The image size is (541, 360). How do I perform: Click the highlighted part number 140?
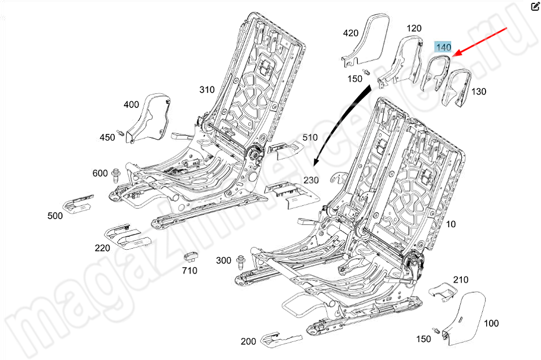(443, 47)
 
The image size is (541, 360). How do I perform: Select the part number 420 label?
(350, 33)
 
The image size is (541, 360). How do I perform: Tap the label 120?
(414, 28)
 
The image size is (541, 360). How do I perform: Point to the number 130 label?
(478, 91)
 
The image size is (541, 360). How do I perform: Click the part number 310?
(207, 89)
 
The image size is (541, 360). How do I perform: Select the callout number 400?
(131, 105)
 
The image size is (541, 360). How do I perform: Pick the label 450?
(107, 137)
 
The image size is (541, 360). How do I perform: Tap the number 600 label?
(100, 173)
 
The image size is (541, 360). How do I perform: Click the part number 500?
(55, 215)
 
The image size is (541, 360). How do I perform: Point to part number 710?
(189, 270)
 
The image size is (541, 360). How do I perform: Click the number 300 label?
(224, 260)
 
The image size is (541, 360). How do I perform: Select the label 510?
(310, 137)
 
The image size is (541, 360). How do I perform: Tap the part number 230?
(311, 180)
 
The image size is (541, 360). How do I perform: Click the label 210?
(461, 279)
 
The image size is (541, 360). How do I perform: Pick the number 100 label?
(491, 323)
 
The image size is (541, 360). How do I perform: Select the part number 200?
(248, 341)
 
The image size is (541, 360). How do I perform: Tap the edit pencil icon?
(535, 7)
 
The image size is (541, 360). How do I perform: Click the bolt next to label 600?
(117, 172)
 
